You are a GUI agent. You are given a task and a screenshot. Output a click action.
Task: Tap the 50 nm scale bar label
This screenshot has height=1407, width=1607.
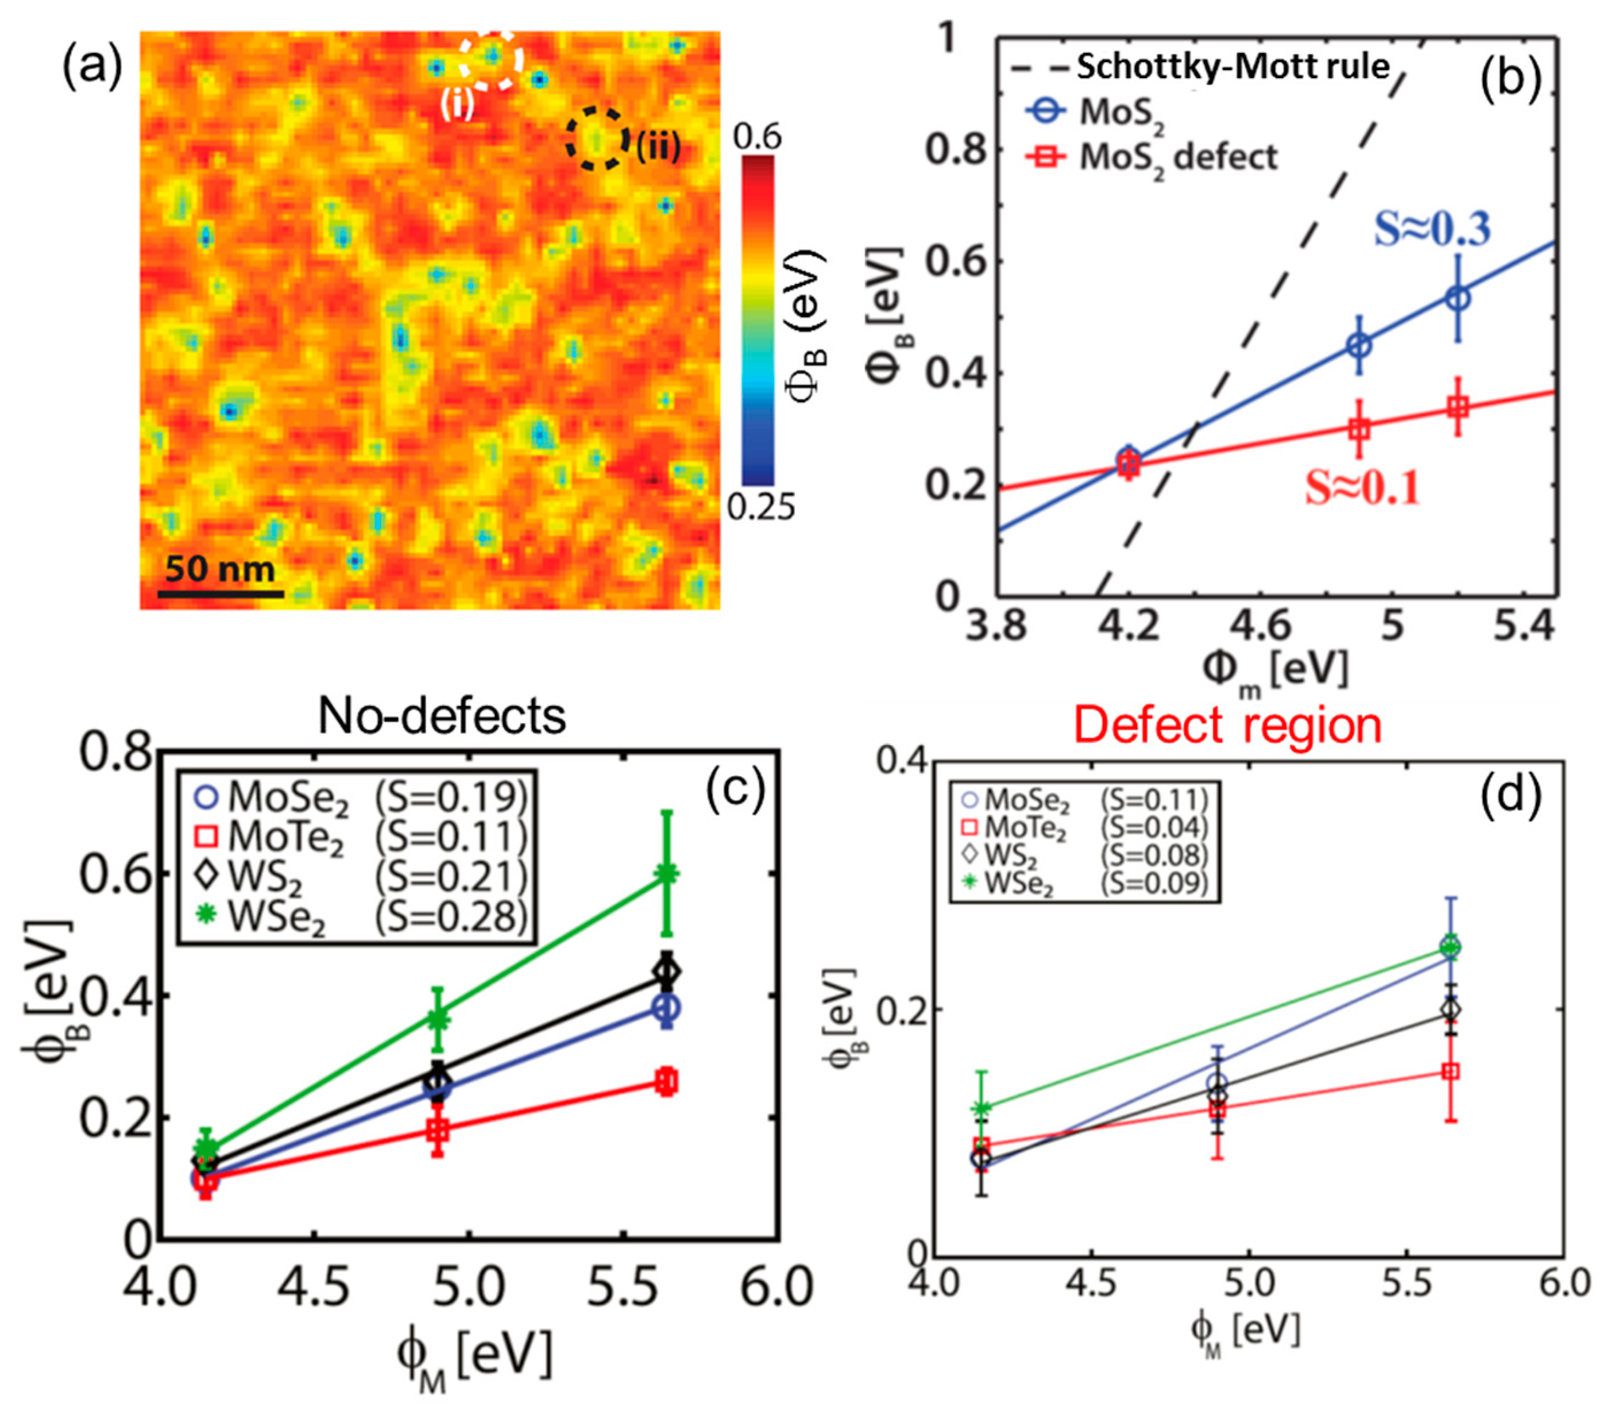(220, 568)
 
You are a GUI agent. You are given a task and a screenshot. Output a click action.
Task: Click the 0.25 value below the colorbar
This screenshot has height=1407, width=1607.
(760, 508)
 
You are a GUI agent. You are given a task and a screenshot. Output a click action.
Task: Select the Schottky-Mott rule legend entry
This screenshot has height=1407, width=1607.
(1201, 67)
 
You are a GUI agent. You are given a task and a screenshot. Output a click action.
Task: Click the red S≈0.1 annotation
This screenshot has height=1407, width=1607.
(1362, 488)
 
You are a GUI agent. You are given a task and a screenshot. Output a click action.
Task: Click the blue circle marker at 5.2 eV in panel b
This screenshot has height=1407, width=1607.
(1458, 298)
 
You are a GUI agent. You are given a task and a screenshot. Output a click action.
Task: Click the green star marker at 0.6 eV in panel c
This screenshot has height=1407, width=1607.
(666, 873)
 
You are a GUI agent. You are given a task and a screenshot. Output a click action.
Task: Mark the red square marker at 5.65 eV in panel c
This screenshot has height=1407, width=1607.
(666, 1082)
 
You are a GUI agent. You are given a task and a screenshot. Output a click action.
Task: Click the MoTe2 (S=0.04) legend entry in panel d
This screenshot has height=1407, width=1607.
(1083, 827)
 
